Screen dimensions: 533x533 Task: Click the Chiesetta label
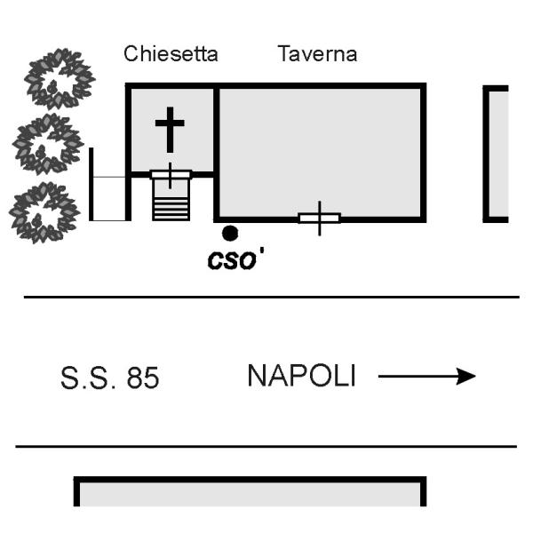coord(171,54)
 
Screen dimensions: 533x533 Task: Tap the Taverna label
coord(317,54)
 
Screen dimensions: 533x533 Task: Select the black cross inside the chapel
coord(170,130)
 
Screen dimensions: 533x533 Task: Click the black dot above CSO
coord(230,233)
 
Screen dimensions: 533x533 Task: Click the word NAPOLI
coord(301,376)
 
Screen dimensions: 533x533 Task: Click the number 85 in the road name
coord(143,378)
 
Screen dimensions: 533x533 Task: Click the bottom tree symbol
coord(44,211)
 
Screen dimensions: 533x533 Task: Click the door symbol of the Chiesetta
coord(171,174)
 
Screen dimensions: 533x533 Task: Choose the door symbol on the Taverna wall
coord(319,218)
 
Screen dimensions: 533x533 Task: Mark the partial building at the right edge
coord(497,154)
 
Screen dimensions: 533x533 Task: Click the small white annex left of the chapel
coord(109,197)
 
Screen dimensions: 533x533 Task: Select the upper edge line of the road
coord(266,297)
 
